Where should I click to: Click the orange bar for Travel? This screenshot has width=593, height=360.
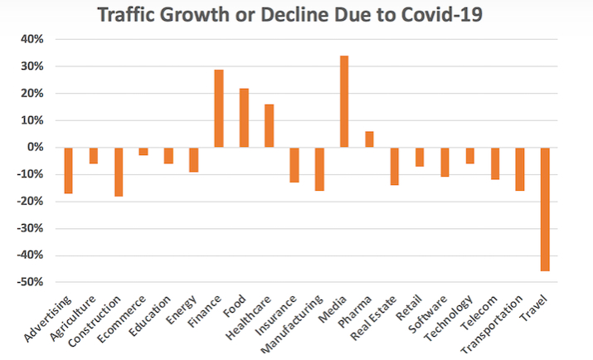(x=545, y=209)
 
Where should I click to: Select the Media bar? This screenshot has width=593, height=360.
(x=344, y=101)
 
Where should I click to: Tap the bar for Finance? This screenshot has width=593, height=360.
(x=219, y=109)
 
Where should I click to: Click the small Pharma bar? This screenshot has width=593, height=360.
(x=369, y=139)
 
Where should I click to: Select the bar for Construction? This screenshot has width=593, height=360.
(x=119, y=172)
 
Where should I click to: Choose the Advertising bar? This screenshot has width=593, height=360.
(x=69, y=170)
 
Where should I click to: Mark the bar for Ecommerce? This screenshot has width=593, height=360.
(x=143, y=152)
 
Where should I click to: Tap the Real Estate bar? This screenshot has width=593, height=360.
(x=395, y=166)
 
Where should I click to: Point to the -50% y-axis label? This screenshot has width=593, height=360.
(x=30, y=283)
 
